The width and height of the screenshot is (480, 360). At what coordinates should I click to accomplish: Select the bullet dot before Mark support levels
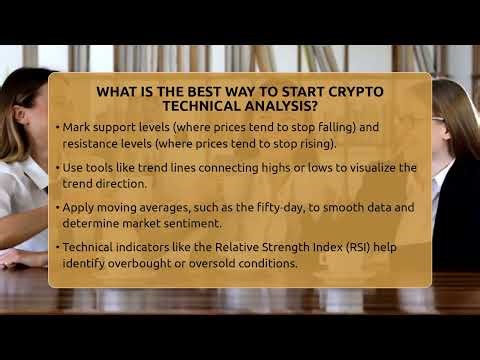pos(56,128)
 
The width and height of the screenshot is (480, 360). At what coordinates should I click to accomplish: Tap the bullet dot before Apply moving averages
pos(56,208)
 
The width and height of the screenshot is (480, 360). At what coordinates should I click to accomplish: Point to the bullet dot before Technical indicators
pos(56,248)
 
